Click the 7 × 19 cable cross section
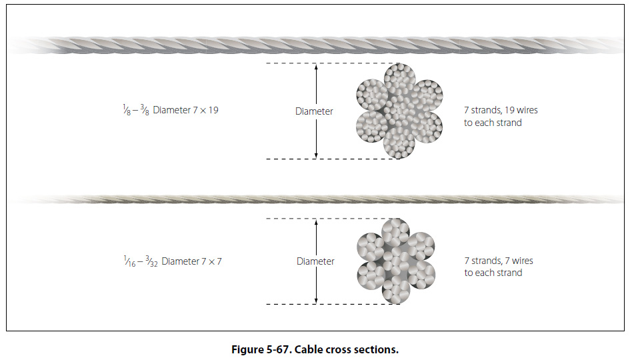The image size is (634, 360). click(400, 110)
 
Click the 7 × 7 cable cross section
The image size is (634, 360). click(396, 261)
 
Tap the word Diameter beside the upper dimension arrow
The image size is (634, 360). click(314, 111)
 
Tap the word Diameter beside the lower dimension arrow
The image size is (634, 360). click(315, 261)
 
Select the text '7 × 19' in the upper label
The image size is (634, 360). click(205, 110)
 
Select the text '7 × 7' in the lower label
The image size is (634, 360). click(211, 261)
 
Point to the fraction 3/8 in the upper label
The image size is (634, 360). click(143, 111)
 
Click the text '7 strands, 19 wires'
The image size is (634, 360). click(501, 110)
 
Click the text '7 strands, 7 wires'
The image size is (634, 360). click(499, 261)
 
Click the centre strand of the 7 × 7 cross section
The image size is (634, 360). click(396, 261)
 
